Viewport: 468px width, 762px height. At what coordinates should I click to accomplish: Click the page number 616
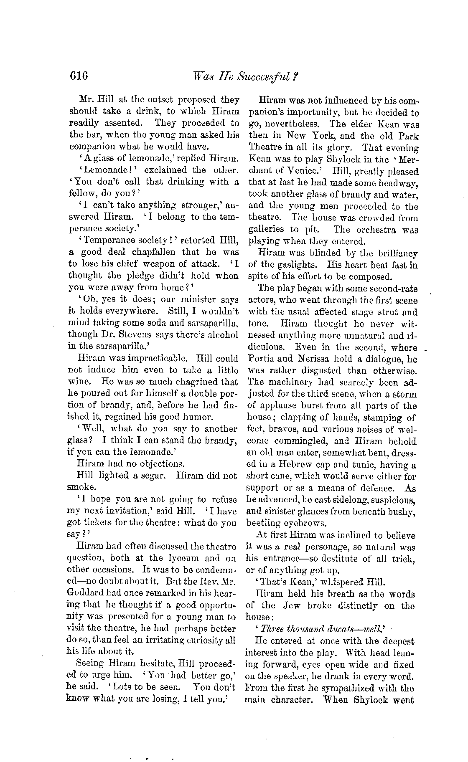pos(79,76)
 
